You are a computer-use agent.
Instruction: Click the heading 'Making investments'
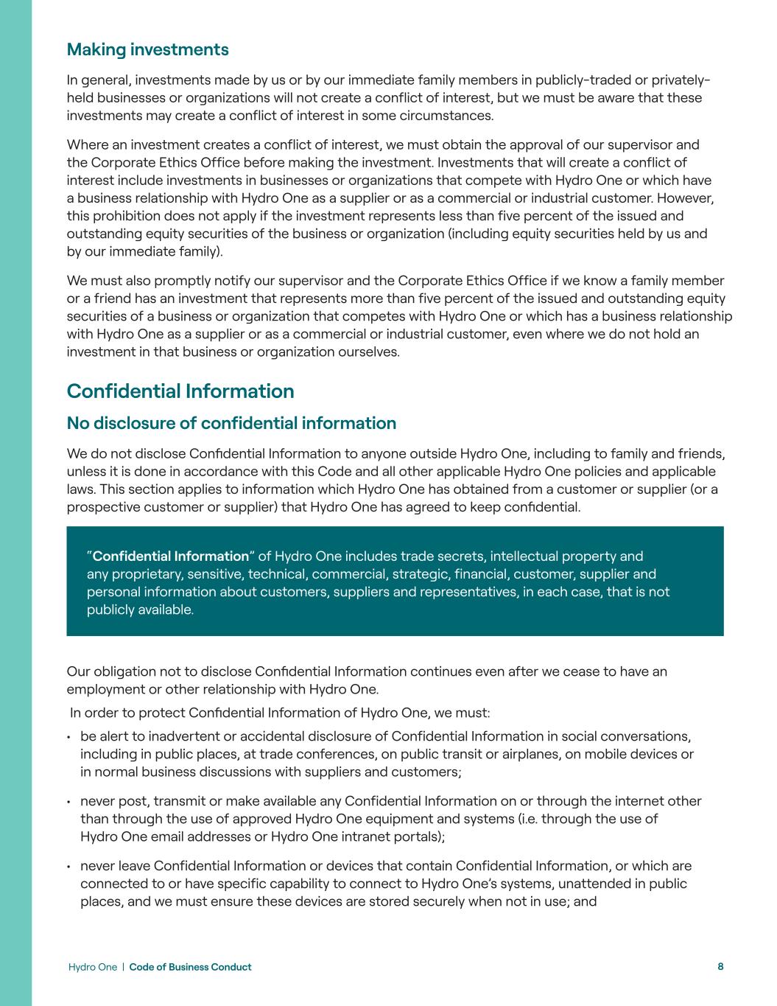[x=147, y=49]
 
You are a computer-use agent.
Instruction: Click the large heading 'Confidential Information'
[x=180, y=391]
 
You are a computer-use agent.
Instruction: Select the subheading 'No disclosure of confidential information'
[x=231, y=423]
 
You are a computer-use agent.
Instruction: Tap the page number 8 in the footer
[x=720, y=966]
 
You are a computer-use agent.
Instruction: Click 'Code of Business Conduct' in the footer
[x=190, y=967]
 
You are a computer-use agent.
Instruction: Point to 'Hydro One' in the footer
[x=92, y=967]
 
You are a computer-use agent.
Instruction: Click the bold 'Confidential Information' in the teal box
[x=171, y=556]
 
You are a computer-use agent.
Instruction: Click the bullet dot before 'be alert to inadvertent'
[x=68, y=737]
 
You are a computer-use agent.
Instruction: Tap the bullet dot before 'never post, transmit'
[x=68, y=802]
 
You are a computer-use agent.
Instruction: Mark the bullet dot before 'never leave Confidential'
[x=68, y=867]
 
